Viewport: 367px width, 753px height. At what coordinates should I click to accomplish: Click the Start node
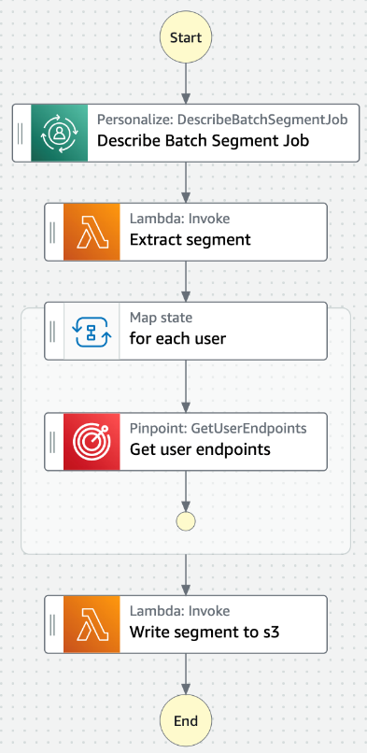tap(187, 38)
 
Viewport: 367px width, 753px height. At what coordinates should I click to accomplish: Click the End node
tap(187, 721)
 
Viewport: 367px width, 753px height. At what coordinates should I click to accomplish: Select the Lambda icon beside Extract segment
tap(92, 232)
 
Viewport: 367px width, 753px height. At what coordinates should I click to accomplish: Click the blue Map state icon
tap(92, 331)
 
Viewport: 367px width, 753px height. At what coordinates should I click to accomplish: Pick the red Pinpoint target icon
tap(92, 442)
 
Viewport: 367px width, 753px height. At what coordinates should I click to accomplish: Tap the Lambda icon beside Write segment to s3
tap(92, 624)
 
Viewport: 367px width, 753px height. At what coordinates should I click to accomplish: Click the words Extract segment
tap(190, 240)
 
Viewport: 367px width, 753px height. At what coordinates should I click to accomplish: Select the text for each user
tap(177, 339)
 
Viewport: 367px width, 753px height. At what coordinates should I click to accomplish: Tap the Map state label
tap(162, 318)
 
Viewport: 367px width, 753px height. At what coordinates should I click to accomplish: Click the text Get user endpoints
tap(200, 449)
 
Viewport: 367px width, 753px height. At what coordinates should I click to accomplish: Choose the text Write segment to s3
tap(205, 632)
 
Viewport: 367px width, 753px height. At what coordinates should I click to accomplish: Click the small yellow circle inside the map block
tap(187, 520)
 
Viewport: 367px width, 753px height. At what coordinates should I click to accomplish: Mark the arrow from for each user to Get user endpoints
tap(187, 385)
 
